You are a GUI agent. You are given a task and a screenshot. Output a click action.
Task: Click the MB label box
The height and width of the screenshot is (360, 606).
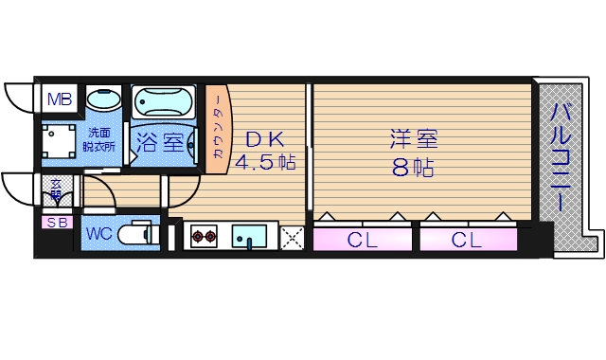[x=60, y=99]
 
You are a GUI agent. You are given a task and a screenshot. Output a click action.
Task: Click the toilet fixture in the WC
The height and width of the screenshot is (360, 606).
[x=140, y=233]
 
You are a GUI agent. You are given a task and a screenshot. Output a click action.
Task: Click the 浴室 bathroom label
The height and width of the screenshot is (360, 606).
[x=159, y=144]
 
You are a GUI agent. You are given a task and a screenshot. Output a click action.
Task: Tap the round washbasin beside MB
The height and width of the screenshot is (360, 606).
[x=103, y=99]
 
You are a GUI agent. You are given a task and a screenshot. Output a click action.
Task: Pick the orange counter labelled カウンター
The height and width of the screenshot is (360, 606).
[x=217, y=133]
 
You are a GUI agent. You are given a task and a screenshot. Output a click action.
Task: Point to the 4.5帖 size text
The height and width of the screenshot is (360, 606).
[x=264, y=162]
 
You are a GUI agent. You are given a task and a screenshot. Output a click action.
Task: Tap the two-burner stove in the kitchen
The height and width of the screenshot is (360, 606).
[x=205, y=237]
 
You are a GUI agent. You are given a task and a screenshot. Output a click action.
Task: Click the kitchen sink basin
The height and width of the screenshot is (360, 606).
[x=250, y=236]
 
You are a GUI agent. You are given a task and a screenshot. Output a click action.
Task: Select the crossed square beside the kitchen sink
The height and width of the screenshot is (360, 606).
[x=292, y=238]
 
